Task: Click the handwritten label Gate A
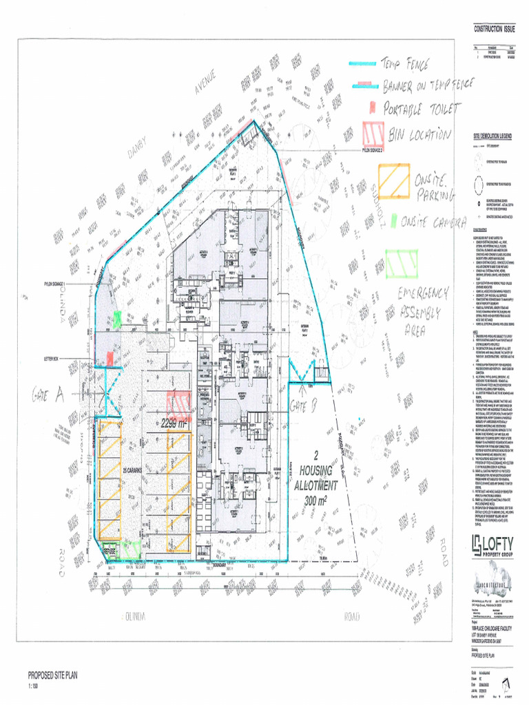(x=48, y=394)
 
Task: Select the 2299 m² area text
(x=174, y=424)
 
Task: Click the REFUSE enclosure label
(x=110, y=551)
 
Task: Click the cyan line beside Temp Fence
(x=362, y=64)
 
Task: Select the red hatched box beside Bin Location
(x=373, y=134)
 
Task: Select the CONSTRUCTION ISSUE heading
(x=494, y=29)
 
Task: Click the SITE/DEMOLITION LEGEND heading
(x=492, y=137)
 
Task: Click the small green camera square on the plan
(x=117, y=319)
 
